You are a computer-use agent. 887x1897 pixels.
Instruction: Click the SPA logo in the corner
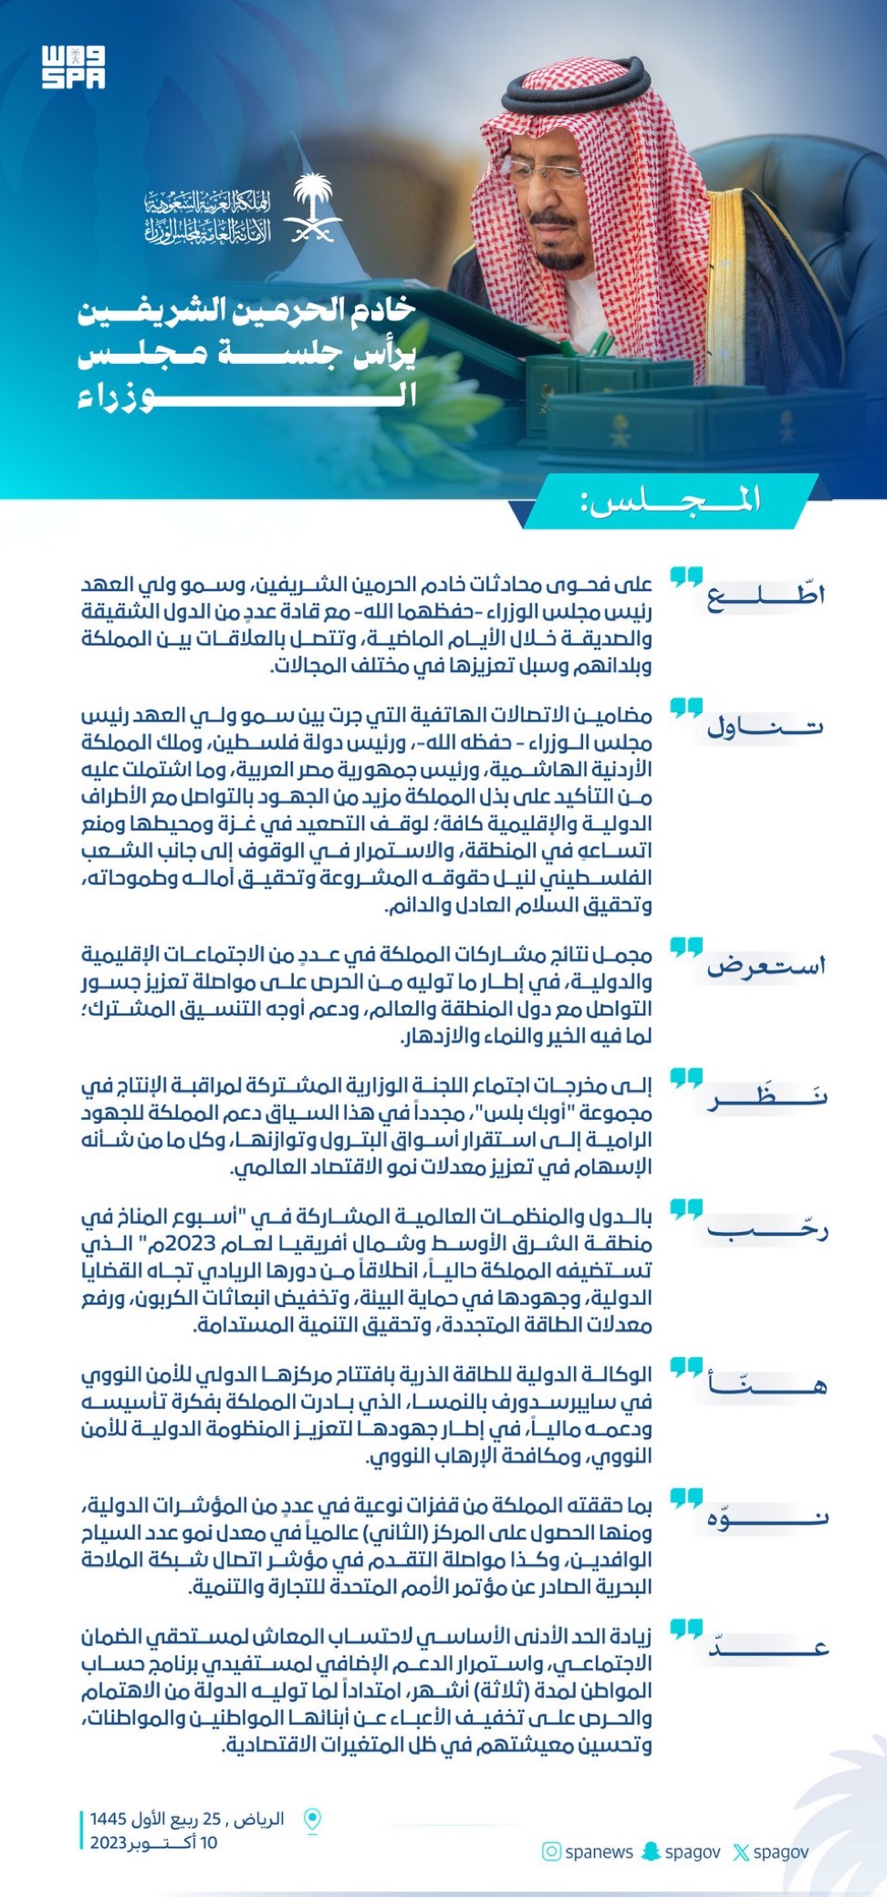[x=73, y=67]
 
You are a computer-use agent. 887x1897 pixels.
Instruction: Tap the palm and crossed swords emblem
[x=312, y=208]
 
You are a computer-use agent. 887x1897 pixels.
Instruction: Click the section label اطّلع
[x=766, y=596]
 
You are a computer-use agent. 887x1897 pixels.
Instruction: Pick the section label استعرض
[x=766, y=966]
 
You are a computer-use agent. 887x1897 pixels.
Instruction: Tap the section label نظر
[x=767, y=1096]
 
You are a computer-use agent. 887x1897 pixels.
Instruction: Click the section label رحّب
[x=767, y=1229]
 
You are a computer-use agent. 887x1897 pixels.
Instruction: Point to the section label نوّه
[x=767, y=1518]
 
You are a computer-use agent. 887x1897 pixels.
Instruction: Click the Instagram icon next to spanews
[x=551, y=1852]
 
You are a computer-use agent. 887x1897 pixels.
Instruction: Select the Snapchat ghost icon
[x=651, y=1852]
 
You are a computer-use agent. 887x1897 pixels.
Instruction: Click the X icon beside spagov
[x=741, y=1852]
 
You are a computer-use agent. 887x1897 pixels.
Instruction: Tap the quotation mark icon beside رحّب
[x=686, y=1210]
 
